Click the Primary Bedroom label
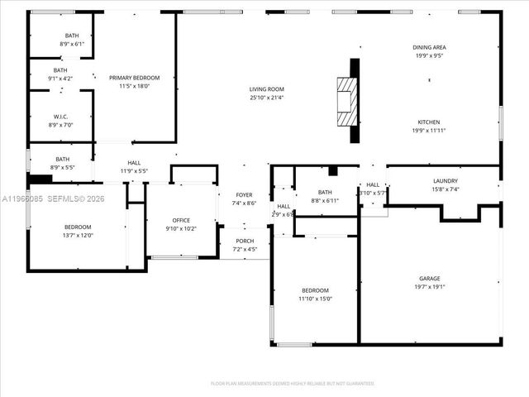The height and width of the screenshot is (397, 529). (134, 78)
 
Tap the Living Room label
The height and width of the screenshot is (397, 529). (267, 89)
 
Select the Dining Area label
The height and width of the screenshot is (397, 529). (429, 48)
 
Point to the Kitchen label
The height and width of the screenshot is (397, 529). (428, 122)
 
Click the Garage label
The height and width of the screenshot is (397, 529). (428, 280)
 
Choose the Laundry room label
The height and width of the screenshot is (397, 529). (445, 181)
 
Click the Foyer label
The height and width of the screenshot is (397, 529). (244, 194)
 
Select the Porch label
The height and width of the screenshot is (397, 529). (244, 242)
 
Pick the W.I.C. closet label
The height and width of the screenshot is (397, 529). (60, 117)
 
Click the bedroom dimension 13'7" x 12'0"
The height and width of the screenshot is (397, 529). (79, 235)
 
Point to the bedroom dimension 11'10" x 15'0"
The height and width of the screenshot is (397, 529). (315, 299)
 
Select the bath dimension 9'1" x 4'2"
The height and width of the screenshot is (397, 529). (60, 79)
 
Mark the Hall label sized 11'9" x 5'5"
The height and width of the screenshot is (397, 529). (134, 171)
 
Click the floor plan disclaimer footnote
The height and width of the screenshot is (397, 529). (293, 384)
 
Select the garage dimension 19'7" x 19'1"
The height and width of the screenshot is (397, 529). (428, 287)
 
